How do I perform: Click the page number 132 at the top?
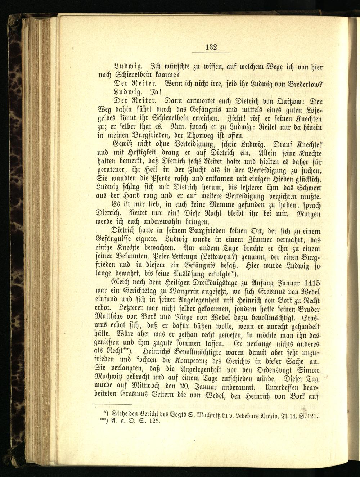pos(211,47)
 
